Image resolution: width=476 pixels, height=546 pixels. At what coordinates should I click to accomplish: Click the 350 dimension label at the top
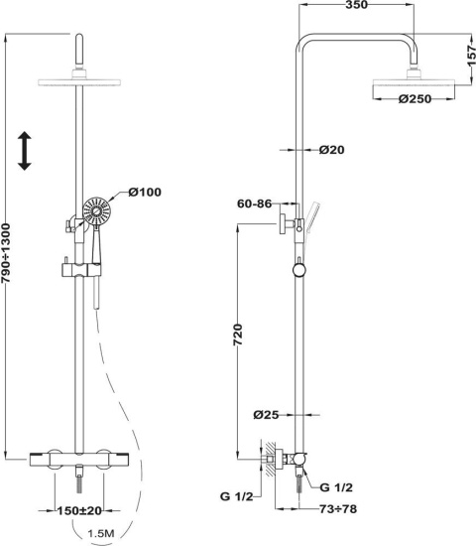[356, 5]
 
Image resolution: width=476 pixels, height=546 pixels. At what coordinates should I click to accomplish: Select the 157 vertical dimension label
[471, 55]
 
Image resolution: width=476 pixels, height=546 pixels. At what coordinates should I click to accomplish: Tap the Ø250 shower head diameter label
[416, 99]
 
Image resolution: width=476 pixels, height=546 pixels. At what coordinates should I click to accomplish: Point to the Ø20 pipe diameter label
[331, 150]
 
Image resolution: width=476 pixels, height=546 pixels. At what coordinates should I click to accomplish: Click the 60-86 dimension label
[254, 204]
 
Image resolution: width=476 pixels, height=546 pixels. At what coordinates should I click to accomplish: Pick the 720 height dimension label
[238, 335]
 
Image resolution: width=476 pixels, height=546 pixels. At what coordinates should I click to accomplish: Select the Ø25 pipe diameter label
[266, 415]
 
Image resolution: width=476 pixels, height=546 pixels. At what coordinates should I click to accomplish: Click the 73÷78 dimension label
[338, 509]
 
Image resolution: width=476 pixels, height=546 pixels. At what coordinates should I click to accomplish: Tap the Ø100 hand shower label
[145, 192]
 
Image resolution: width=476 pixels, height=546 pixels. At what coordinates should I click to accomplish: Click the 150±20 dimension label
[79, 511]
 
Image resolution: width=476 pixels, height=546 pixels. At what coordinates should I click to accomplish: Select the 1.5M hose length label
[101, 533]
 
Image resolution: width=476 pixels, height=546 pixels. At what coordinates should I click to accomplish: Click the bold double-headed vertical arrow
[25, 151]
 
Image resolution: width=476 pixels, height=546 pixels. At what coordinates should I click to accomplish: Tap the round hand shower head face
[97, 211]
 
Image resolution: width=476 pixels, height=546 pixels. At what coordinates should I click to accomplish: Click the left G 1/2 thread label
[237, 496]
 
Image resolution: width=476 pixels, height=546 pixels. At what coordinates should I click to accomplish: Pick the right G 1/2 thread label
[336, 487]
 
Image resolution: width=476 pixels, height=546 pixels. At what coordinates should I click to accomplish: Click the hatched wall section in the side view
[271, 460]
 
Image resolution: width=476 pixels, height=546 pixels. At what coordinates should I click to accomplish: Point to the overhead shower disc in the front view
[79, 82]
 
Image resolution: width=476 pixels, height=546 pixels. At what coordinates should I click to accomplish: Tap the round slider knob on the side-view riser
[299, 270]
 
